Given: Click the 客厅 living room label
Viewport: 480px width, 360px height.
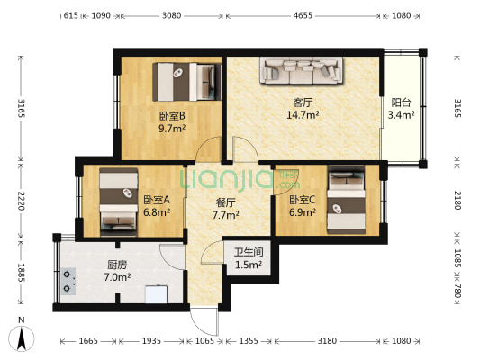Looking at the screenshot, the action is (303, 103).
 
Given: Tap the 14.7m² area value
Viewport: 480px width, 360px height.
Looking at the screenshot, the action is (303, 115).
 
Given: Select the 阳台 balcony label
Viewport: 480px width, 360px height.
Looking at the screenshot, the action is (401, 103).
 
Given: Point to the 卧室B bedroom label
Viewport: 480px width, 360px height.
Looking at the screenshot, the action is (172, 116).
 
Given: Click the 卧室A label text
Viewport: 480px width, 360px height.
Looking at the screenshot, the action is (157, 200).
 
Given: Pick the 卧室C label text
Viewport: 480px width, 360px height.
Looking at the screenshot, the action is (303, 200).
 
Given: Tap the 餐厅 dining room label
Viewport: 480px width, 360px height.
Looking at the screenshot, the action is (226, 202).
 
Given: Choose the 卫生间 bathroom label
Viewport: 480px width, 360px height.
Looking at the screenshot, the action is (249, 252).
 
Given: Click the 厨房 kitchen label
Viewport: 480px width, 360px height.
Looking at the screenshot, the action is (117, 265).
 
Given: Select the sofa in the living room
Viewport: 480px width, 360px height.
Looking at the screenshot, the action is (302, 70).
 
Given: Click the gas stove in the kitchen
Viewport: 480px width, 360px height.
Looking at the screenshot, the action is (68, 282).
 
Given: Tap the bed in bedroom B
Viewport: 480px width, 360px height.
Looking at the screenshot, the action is (187, 82).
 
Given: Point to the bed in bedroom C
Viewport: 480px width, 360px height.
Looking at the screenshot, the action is (346, 200).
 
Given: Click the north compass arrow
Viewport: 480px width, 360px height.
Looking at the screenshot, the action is (21, 338).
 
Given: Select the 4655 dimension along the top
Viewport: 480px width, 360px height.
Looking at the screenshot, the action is (303, 15).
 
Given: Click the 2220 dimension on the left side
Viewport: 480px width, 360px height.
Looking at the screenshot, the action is (21, 201).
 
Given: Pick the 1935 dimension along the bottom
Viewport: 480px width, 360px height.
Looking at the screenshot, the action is (151, 341).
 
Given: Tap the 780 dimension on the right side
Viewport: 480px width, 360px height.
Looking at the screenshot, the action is (457, 291).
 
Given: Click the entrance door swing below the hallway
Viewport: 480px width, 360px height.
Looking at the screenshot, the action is (204, 321).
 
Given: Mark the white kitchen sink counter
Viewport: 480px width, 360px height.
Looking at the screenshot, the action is (156, 294).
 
